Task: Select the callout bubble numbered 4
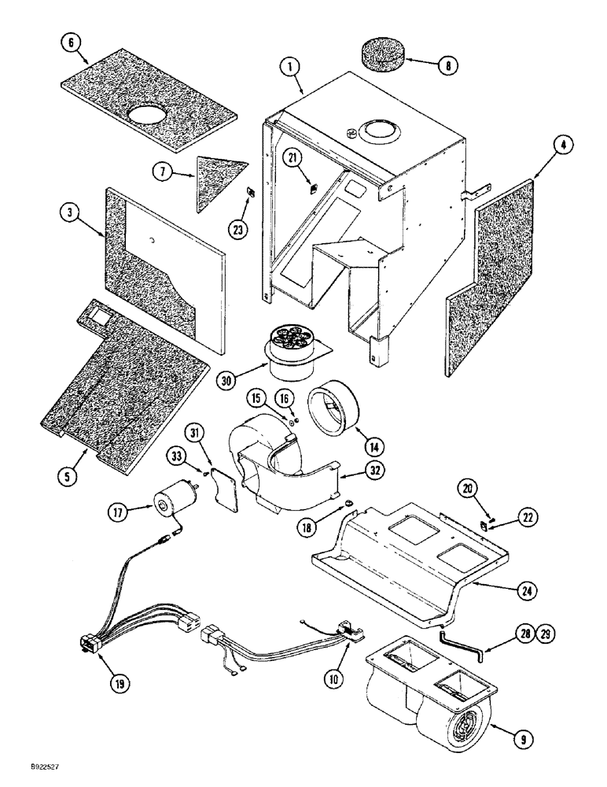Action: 545,145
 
